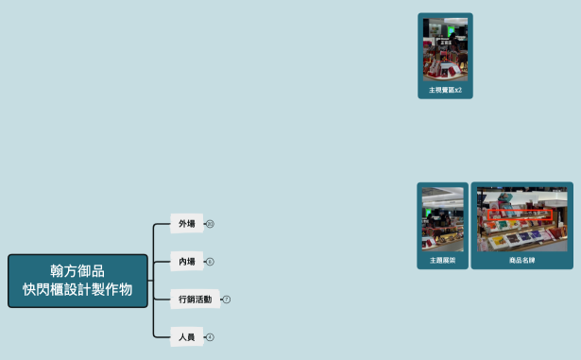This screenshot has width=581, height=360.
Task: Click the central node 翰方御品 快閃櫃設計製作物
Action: pos(77,281)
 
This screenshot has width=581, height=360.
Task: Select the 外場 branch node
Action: pos(187,224)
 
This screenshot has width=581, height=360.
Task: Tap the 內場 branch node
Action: pos(187,262)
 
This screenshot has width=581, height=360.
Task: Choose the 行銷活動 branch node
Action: pos(195,300)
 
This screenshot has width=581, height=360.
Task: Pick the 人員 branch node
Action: pos(187,336)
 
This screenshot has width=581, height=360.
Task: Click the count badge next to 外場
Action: pos(210,224)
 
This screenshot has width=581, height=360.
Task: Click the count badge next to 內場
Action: pos(210,262)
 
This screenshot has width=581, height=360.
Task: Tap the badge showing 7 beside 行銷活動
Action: pos(227,300)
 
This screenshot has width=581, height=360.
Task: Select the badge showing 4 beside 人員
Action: pos(210,336)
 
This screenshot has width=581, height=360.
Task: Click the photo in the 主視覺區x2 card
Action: pos(445,49)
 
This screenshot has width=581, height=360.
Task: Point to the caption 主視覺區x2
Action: pos(445,91)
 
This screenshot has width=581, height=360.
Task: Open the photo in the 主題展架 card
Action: pos(442,219)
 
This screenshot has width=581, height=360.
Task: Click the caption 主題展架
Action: pos(442,260)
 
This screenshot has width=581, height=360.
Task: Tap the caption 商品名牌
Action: pos(521,260)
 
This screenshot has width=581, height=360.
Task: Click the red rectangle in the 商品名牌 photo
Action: pos(518,215)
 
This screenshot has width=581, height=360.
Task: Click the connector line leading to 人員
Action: pos(159,335)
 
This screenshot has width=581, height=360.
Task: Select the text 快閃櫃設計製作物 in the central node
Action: pos(77,289)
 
